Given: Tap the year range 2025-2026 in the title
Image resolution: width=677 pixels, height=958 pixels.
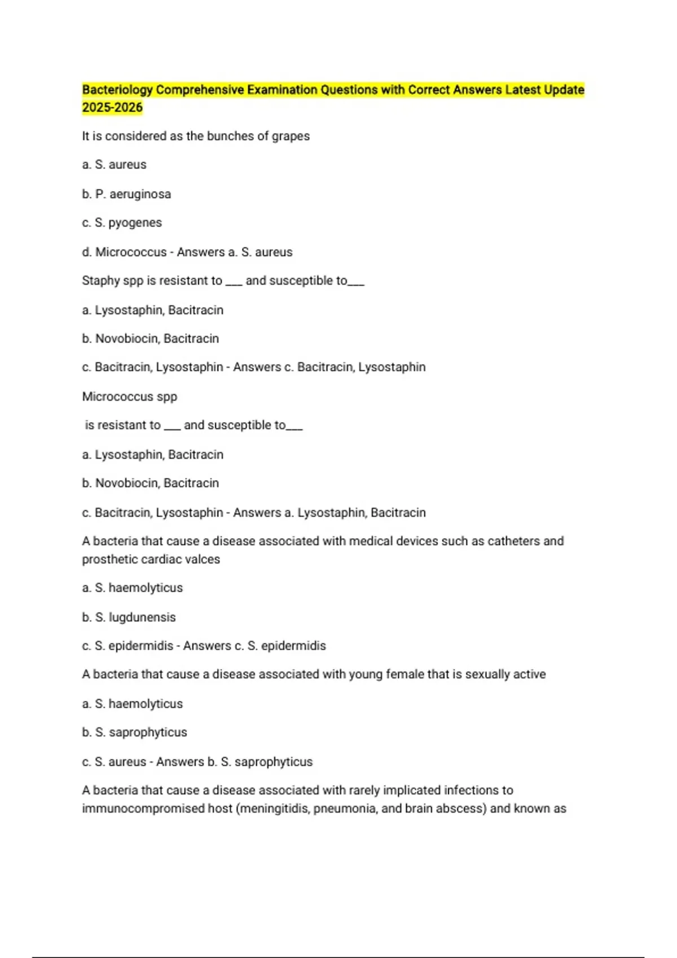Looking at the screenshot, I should (x=112, y=108).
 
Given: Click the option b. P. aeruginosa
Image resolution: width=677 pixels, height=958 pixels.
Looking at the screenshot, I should (x=126, y=194).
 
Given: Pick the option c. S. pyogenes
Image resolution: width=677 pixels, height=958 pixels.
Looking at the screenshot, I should (x=122, y=223).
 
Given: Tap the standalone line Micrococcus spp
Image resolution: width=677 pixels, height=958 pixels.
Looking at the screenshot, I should (x=130, y=397).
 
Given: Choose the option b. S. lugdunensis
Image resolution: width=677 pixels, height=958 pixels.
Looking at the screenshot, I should (x=129, y=618).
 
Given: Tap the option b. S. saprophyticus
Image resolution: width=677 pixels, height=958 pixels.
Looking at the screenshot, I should (x=134, y=733).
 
